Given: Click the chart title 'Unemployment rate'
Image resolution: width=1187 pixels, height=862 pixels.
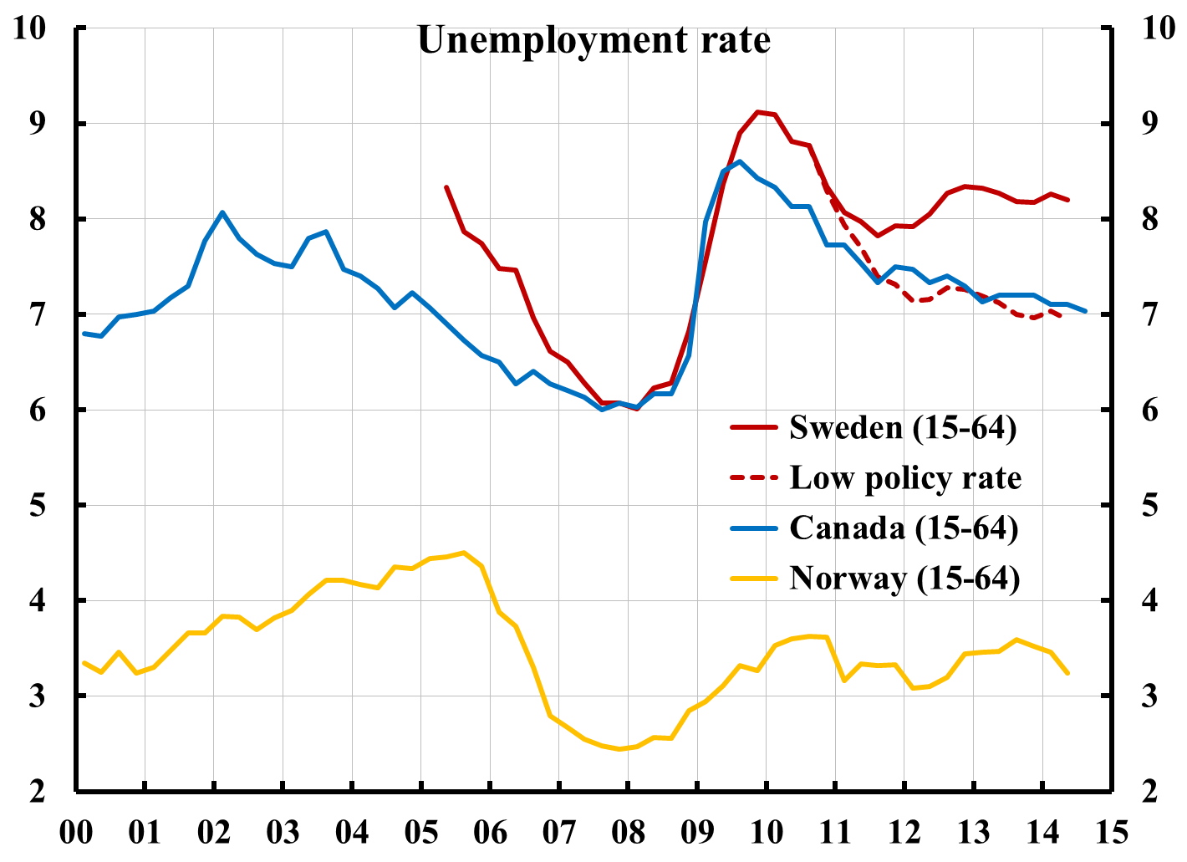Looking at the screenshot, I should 593,39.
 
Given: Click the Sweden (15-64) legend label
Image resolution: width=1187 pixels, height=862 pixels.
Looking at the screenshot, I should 903,427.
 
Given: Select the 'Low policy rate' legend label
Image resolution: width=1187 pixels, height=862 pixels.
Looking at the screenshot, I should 905,477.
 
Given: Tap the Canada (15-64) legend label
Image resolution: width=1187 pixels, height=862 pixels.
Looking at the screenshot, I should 904,528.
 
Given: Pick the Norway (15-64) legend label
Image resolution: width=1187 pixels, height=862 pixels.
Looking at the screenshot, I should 904,578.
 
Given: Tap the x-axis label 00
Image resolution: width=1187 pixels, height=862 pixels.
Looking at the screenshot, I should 76,833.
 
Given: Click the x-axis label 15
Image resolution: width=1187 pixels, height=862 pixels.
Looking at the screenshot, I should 1111,833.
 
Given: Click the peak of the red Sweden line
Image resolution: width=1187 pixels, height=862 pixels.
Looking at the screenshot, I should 757,111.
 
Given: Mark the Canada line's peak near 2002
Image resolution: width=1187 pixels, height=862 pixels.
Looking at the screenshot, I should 222,212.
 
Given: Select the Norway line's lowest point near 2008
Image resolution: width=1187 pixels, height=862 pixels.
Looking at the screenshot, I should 619,749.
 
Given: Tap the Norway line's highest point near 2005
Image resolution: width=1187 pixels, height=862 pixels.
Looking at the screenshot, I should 464,553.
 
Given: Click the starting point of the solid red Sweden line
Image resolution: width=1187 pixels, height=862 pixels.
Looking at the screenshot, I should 446,186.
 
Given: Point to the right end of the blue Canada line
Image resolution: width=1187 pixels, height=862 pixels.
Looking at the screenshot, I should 1085,311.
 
